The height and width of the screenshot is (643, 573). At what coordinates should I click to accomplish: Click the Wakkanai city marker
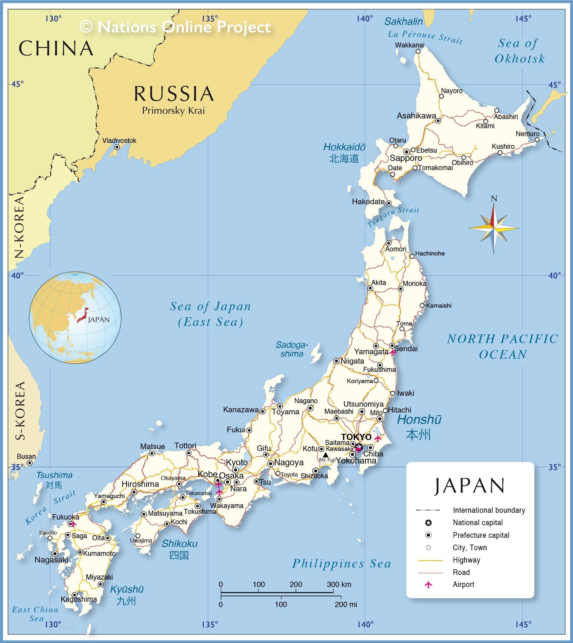418,51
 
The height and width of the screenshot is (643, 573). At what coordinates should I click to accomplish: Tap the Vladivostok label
119,141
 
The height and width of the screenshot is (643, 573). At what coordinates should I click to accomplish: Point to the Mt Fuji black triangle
326,455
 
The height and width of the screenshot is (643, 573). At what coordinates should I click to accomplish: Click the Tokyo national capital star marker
359,447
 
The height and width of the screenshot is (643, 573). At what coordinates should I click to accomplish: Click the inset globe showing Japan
75,318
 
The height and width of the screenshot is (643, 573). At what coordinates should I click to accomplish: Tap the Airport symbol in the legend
428,584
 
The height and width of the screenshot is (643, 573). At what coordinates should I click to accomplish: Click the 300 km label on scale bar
339,584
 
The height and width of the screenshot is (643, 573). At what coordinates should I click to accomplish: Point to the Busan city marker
29,463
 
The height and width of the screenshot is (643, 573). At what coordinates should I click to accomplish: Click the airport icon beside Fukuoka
74,524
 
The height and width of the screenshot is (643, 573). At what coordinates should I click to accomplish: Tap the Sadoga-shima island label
292,349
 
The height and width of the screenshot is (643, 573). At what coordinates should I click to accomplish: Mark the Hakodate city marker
389,203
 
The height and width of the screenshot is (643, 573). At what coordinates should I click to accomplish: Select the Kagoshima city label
79,599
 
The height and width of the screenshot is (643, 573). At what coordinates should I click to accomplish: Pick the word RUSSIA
174,94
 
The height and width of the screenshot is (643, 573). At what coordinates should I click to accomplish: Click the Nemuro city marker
537,139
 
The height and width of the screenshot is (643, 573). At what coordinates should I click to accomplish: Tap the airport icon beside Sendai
393,352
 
